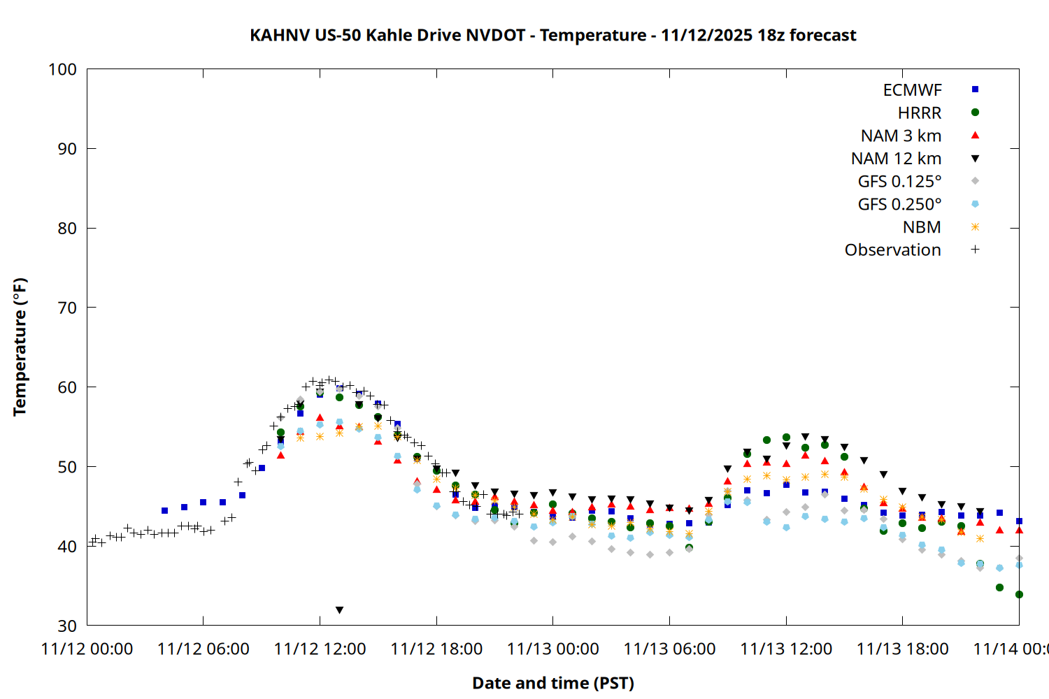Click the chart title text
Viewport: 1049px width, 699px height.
click(552, 35)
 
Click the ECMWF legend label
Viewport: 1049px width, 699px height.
click(912, 90)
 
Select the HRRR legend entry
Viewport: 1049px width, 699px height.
click(920, 113)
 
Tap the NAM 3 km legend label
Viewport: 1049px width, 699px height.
click(901, 136)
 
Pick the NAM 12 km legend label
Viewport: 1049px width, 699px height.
click(896, 159)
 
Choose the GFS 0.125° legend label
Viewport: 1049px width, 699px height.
click(899, 182)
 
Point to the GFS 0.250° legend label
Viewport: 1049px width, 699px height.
click(899, 204)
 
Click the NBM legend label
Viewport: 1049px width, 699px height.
click(922, 227)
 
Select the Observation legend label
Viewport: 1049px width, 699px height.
click(892, 250)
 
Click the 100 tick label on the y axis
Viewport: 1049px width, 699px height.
click(62, 69)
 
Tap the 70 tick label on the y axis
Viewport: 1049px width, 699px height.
click(67, 308)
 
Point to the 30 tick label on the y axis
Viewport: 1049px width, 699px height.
click(67, 626)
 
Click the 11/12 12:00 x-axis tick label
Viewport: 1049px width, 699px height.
click(320, 649)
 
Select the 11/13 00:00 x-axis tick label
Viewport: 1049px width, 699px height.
click(552, 649)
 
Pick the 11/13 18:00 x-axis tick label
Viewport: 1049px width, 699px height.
click(902, 649)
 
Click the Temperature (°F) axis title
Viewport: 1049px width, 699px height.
click(20, 347)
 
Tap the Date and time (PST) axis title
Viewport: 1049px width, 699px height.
click(552, 683)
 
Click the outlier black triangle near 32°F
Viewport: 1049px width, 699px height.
click(339, 610)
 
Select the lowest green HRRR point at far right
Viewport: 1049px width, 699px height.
click(1019, 595)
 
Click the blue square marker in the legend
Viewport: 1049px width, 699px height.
click(975, 89)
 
